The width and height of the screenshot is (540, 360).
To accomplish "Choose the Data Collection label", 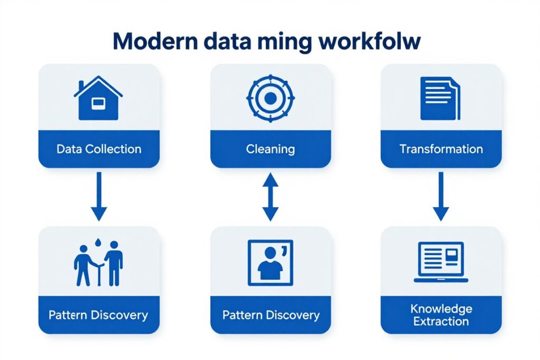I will (99, 149).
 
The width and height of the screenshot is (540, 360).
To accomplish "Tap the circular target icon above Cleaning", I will (270, 98).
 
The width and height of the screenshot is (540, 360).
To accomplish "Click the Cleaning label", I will (270, 149).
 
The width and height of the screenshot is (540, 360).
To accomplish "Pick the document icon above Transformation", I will (440, 98).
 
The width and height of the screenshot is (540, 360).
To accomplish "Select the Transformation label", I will (441, 149).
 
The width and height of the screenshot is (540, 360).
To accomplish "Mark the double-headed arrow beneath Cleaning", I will (270, 198).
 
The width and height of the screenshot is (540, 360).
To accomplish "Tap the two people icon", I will (98, 264).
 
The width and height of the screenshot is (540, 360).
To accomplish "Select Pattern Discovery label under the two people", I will (98, 315).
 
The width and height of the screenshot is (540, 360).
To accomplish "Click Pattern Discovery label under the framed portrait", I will (271, 315).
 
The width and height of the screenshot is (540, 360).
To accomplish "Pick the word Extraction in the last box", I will (441, 322).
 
